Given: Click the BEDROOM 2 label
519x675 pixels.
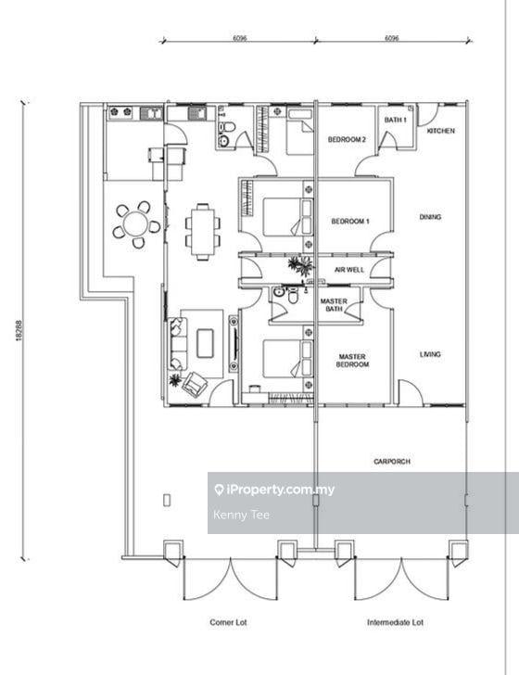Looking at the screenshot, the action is (347, 139).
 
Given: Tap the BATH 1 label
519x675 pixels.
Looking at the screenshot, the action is (395, 120).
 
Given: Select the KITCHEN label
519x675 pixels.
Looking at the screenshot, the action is (440, 131).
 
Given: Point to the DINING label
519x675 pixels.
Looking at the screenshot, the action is (430, 217).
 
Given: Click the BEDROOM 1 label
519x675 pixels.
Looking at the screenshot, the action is (350, 222).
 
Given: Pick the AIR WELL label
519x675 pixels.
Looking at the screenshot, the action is (349, 270).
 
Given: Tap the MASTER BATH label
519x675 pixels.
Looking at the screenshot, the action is (334, 305).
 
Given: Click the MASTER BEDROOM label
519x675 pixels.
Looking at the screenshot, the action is (352, 361).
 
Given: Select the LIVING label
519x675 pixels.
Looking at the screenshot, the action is (430, 354).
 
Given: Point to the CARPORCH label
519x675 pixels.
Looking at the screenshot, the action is (392, 462).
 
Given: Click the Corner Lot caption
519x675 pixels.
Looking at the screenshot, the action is (228, 622).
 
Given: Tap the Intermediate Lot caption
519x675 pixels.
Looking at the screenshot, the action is (395, 622).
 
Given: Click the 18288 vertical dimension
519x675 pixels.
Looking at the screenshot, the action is (19, 330).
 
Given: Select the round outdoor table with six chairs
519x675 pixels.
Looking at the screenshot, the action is (136, 224).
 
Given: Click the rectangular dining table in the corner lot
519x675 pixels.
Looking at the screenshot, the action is (203, 232).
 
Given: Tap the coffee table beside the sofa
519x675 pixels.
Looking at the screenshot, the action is (205, 343).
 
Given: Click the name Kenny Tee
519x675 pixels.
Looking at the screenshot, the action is (241, 515).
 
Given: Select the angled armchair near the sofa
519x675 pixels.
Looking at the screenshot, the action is (195, 384).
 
